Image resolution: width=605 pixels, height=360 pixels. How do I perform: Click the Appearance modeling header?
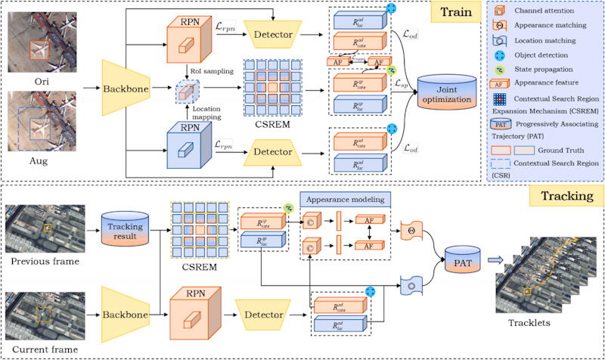click(346, 200)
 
